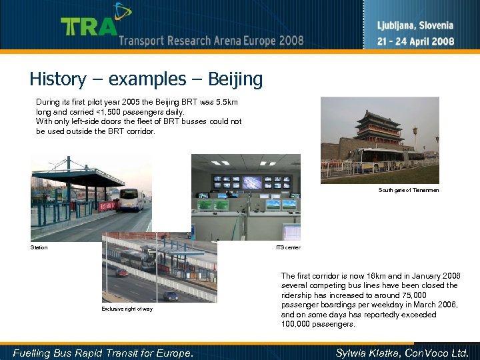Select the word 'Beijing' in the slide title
[235, 80]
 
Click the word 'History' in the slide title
[57, 80]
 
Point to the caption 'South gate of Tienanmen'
[409, 191]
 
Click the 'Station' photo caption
[39, 247]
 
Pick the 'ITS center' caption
[288, 247]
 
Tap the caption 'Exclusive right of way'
[127, 309]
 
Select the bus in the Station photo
[131, 199]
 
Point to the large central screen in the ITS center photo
[256, 182]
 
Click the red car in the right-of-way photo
[121, 272]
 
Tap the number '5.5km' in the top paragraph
[231, 102]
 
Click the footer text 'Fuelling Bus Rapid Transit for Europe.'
[103, 353]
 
